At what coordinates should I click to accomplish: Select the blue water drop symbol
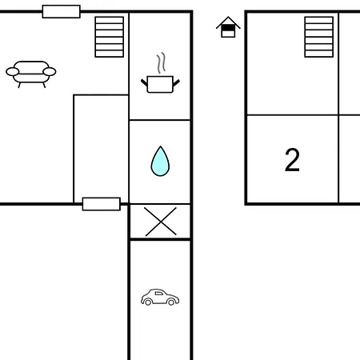(x=160, y=162)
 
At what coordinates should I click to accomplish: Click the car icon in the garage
(x=160, y=297)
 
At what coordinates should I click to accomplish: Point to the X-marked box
(x=160, y=222)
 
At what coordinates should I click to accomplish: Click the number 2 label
(x=292, y=160)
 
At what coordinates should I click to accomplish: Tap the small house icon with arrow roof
(x=228, y=27)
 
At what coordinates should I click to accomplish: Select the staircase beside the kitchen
(x=110, y=37)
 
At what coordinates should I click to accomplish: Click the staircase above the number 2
(x=319, y=37)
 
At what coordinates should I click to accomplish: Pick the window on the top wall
(x=62, y=11)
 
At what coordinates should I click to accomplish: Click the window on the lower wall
(x=102, y=204)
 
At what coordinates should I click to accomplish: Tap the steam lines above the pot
(x=161, y=62)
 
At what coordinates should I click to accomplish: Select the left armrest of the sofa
(x=12, y=72)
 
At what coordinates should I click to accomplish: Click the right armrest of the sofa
(x=50, y=72)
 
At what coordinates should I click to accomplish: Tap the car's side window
(x=159, y=294)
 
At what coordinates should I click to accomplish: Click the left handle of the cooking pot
(x=144, y=82)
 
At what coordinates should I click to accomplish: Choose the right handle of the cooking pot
(x=176, y=82)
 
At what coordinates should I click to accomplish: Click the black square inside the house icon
(x=228, y=28)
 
